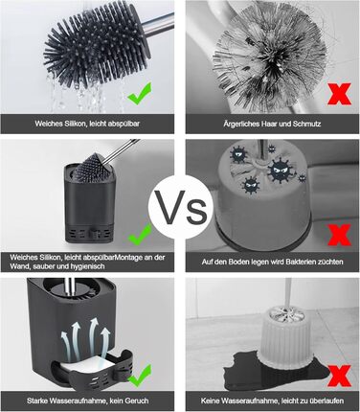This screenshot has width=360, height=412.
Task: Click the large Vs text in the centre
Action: point(180,208)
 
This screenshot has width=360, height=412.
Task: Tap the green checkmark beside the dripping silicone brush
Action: point(140,93)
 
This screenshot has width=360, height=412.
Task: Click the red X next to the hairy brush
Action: point(339,94)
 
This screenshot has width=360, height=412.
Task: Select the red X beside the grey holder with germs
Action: point(339,235)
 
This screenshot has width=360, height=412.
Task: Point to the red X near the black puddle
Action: point(339,376)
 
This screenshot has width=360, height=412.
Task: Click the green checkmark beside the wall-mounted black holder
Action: point(140,234)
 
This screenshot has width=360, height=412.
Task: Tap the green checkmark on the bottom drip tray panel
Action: point(140,376)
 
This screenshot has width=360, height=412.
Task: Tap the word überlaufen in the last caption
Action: point(326,401)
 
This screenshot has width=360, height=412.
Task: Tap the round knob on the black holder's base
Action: point(96,234)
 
